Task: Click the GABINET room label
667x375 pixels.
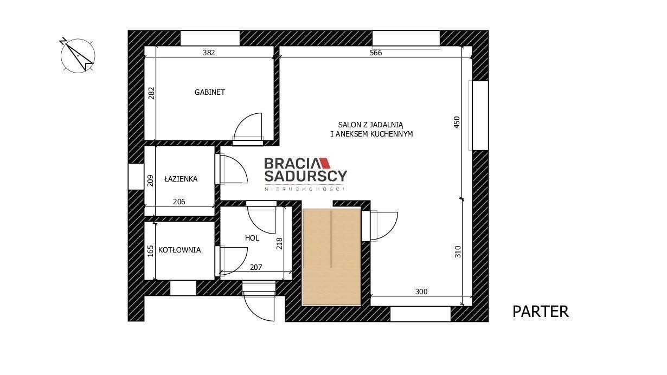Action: point(210,92)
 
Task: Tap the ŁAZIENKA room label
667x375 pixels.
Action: point(181,179)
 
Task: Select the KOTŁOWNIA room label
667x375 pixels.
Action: point(179,250)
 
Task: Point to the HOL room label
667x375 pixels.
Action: point(252,238)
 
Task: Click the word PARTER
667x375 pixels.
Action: point(541,312)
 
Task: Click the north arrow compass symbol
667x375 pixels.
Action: point(78,55)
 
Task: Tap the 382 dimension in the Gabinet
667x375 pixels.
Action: point(209,53)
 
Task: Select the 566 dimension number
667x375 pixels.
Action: point(376,53)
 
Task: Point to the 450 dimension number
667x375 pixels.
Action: point(457,122)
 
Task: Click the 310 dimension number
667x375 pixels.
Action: point(458,252)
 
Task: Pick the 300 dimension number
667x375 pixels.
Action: point(421,292)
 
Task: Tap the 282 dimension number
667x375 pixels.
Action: point(151,93)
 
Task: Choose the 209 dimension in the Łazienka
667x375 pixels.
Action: point(150,180)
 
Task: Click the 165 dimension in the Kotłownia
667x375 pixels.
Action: point(150,251)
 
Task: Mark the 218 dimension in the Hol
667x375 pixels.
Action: point(279,243)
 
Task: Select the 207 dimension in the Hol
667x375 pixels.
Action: point(256,267)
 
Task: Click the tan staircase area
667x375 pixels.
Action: point(331,257)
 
